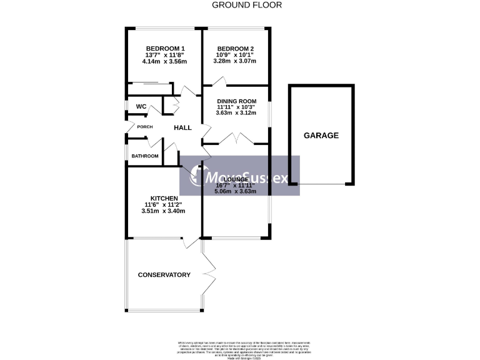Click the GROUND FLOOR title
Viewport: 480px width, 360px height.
[x=247, y=5]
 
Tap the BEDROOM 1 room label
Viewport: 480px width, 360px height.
[x=165, y=49]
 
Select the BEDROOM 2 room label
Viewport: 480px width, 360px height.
[x=235, y=49]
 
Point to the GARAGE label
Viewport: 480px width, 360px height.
[x=321, y=135]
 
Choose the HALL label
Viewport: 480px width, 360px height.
[x=182, y=127]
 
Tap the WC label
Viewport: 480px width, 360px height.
[x=141, y=107]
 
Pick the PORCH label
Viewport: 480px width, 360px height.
[x=144, y=127]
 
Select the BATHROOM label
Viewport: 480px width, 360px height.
[x=144, y=156]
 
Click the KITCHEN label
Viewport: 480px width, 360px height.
[x=164, y=198]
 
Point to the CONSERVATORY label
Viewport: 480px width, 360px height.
[x=164, y=275]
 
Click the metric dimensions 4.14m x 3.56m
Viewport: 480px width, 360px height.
[x=165, y=62]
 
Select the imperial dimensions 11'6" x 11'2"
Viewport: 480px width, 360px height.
[x=164, y=204]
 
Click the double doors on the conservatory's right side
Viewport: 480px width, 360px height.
[x=210, y=275]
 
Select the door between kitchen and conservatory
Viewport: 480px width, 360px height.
[x=187, y=243]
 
